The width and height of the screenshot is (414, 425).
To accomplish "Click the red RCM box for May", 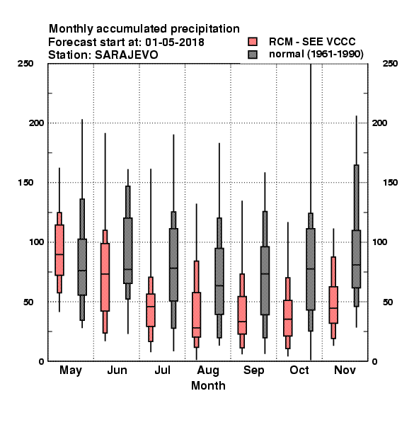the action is point(59,250).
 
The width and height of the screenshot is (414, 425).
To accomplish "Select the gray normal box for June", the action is point(128,251).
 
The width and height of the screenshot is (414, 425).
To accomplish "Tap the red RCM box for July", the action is point(151,310).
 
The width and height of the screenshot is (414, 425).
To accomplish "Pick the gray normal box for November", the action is point(357,259).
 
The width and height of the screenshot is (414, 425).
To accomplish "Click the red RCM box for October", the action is point(288,318).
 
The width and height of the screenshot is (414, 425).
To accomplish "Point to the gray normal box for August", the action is point(219,281).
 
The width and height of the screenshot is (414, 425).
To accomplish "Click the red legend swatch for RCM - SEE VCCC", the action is point(253,42).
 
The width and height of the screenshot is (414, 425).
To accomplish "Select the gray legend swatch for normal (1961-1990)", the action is point(253,55).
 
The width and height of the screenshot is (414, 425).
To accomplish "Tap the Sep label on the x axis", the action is point(253,370).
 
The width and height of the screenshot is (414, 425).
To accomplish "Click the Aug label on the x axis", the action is point(208,370).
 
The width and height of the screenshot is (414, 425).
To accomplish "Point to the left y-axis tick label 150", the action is point(25,183).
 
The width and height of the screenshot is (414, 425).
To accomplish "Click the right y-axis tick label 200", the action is point(379,123).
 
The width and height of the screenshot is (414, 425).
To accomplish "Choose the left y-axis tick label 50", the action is point(28,302).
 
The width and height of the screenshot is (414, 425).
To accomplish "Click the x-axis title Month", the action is point(208,385).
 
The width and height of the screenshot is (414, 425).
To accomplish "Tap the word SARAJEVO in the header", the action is point(126,55).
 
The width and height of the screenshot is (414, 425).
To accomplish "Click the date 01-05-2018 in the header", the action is point(175,42).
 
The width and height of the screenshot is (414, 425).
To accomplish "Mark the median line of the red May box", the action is point(59,254).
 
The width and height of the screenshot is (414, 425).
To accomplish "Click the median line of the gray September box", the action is point(265,273).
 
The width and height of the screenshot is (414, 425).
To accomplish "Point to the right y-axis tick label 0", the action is point(374,361).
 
